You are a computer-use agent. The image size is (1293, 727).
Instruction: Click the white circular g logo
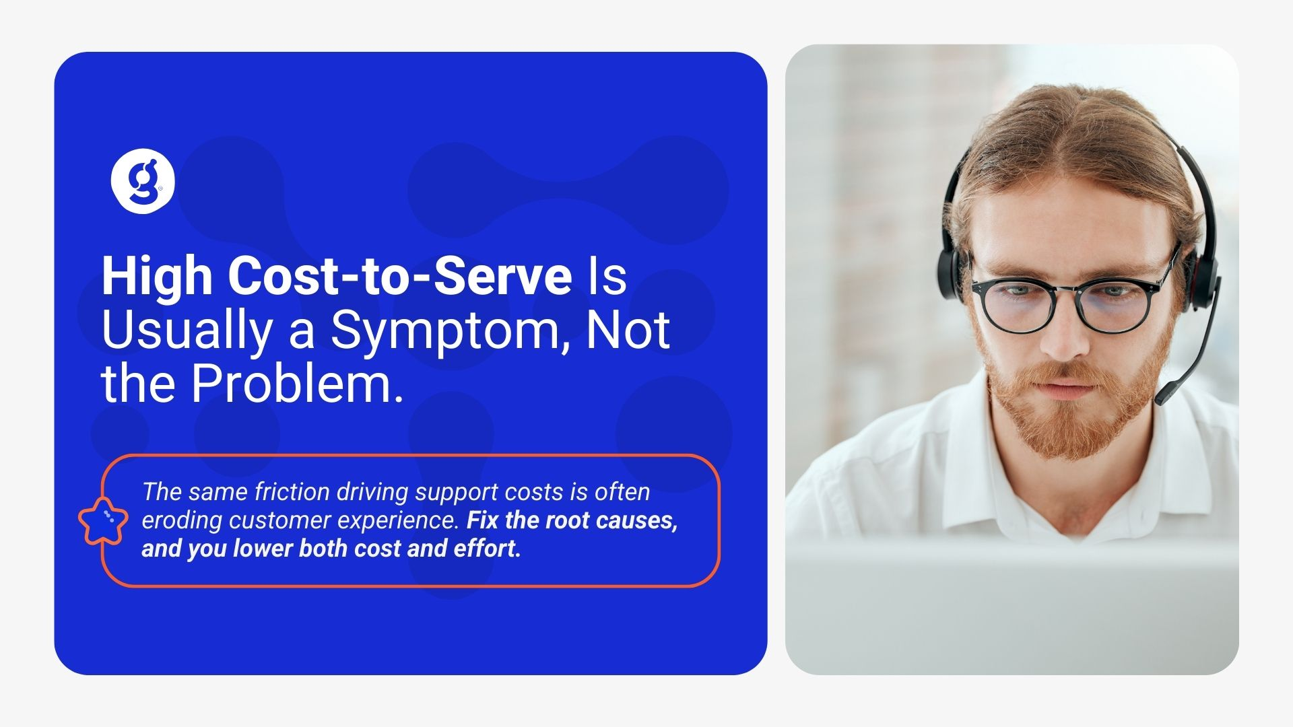click(143, 181)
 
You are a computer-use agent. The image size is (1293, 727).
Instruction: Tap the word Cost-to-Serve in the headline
click(401, 275)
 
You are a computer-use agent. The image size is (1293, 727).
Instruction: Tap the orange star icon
click(103, 521)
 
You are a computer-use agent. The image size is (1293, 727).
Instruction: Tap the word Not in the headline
click(628, 330)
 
